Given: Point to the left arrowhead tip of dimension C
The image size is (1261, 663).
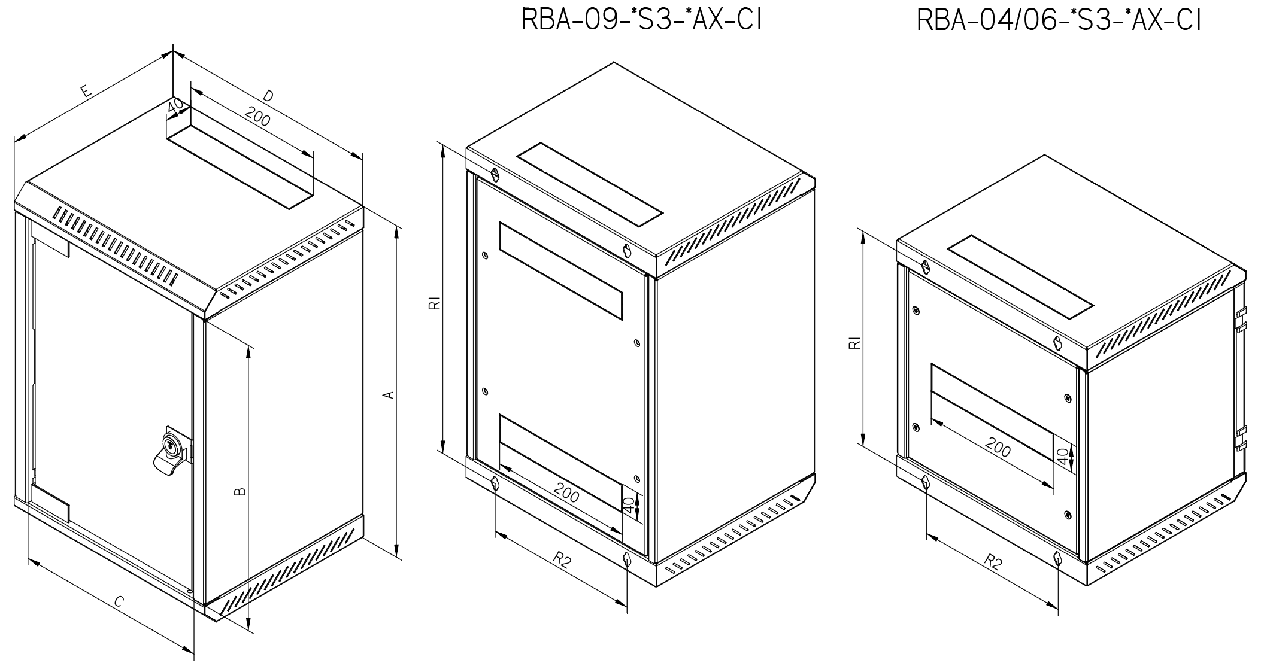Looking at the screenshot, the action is tap(29, 560).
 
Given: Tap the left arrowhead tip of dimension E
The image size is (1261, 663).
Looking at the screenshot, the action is tap(14, 141).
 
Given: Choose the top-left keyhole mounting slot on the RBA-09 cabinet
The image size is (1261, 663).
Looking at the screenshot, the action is tap(495, 175).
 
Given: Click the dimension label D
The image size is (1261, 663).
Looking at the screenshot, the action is tap(269, 96).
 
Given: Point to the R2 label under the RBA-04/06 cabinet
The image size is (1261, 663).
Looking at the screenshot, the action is tap(992, 563).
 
